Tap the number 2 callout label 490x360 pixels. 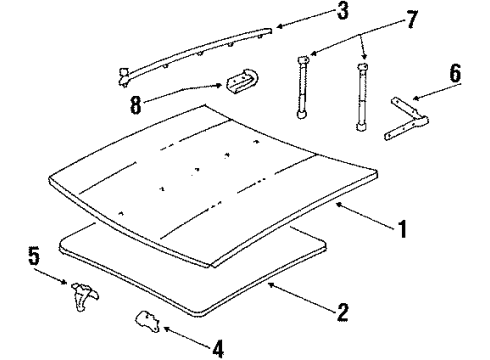[342, 313]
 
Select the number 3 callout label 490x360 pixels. [314, 13]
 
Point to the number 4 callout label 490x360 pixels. [218, 347]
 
